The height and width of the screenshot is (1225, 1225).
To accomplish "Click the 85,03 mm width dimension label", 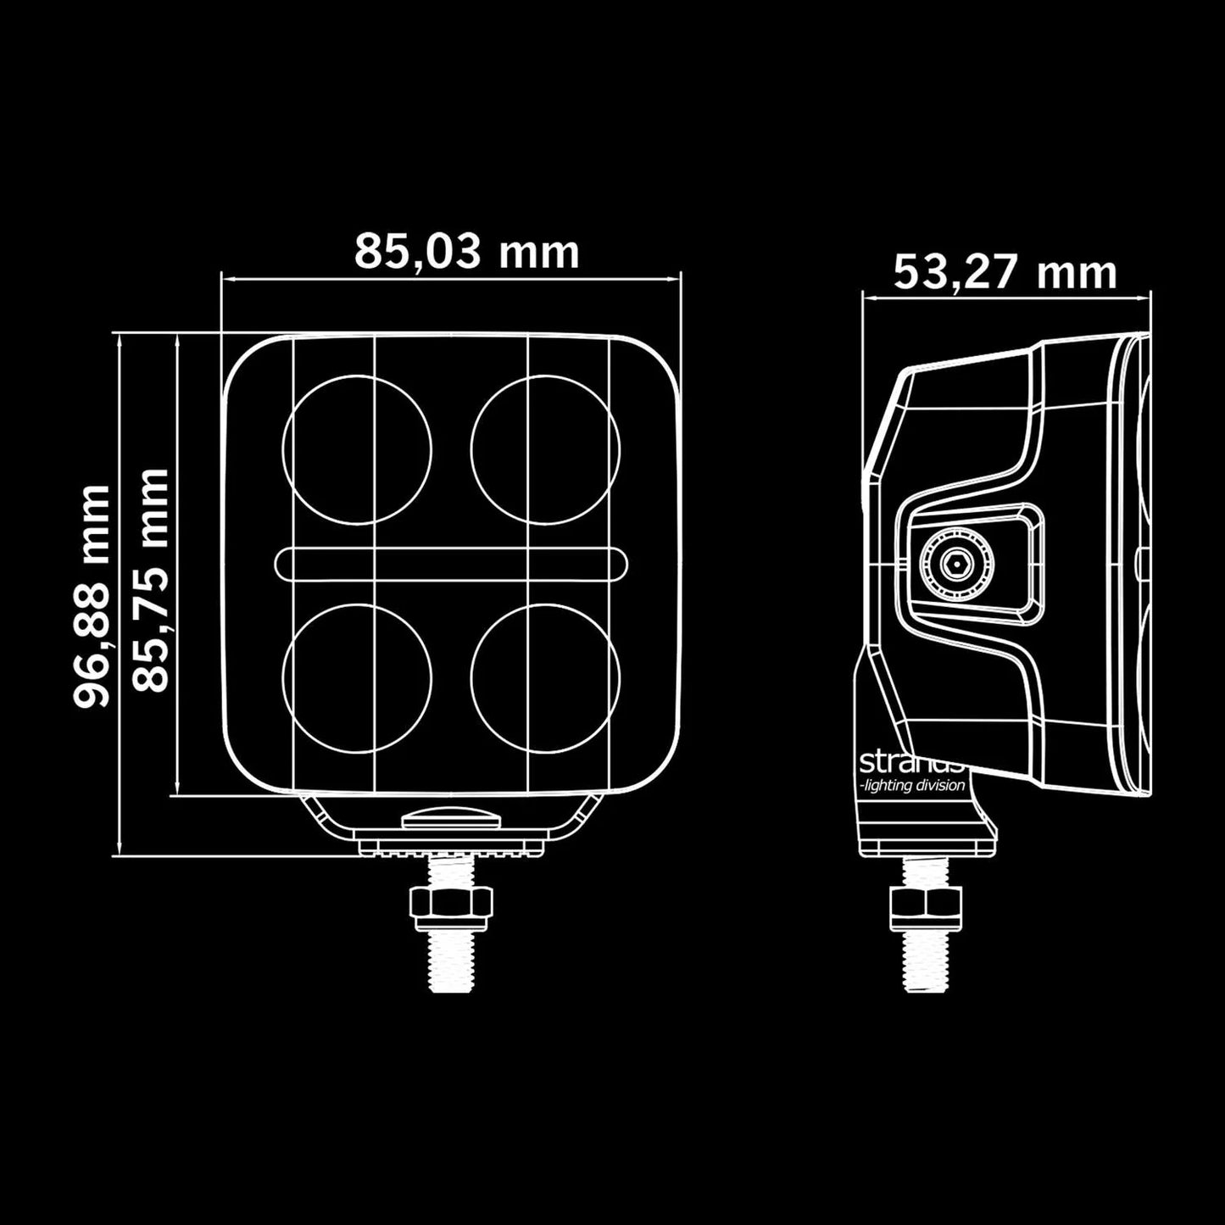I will click(466, 251).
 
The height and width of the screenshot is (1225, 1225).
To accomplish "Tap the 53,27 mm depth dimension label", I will click(1005, 272).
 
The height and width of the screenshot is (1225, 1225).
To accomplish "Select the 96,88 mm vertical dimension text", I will click(92, 596).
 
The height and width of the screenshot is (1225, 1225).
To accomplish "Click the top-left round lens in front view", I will click(357, 448).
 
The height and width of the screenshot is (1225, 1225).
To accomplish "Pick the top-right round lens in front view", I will click(545, 448).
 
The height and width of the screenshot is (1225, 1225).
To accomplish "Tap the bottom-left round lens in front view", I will click(357, 677).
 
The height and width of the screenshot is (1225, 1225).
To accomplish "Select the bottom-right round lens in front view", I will click(545, 677).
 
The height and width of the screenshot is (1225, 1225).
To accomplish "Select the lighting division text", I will click(912, 786).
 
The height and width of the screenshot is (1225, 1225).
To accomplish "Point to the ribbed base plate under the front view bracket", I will click(450, 847).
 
